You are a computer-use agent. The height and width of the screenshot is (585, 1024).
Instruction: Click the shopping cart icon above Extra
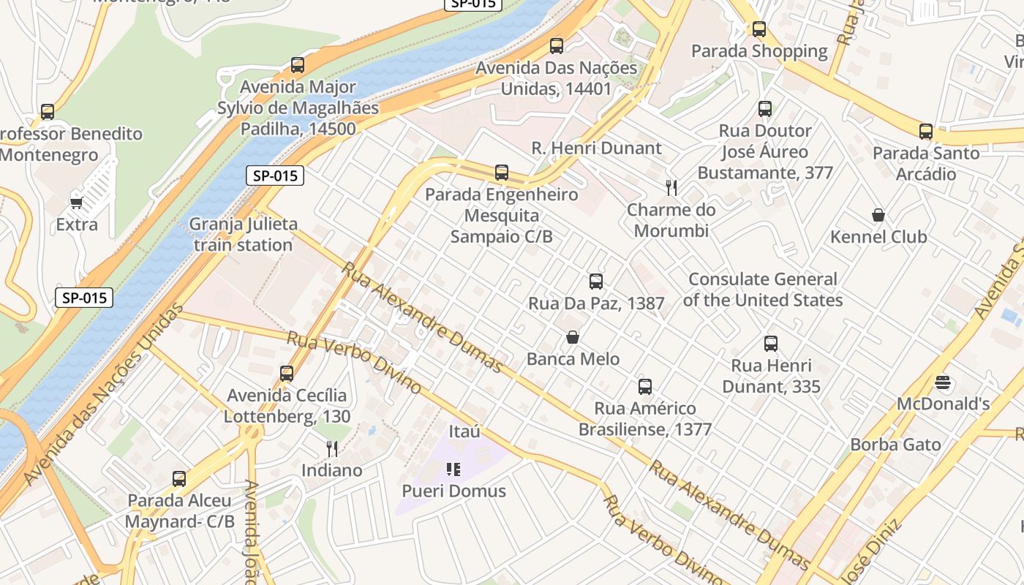coord(76,203)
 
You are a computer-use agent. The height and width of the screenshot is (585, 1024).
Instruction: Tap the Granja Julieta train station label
coord(243,235)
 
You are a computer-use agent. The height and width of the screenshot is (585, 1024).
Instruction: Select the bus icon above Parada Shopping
coord(759,29)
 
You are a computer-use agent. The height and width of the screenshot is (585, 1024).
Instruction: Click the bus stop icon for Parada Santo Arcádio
coord(926,132)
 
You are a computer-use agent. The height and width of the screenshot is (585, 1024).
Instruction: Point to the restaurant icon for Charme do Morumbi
coord(671,188)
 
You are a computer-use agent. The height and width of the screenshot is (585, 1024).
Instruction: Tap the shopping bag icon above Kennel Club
coord(878,215)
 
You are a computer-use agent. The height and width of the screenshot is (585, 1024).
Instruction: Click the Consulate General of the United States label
coord(763,290)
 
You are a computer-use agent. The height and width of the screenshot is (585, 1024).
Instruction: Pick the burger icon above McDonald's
coord(943,382)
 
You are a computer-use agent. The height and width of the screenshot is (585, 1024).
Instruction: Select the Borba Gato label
coord(895,445)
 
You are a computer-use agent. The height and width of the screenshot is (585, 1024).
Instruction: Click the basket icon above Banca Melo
coord(573,337)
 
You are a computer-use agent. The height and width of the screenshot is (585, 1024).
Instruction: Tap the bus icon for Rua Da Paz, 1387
coord(596,282)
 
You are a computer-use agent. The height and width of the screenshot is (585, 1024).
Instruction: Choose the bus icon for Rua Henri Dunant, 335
coord(771,344)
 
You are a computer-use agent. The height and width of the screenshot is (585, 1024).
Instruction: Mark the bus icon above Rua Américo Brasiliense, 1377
coord(645,387)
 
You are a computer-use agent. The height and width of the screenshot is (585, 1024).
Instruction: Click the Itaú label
coord(464,431)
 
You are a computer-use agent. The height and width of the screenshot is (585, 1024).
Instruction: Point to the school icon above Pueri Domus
coord(453,469)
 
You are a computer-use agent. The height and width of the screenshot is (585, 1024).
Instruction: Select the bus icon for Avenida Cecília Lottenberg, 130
coord(287,374)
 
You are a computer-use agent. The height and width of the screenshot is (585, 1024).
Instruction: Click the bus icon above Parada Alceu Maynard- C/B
coord(179,479)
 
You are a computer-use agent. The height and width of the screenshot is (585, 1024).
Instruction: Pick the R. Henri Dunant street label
coord(596,148)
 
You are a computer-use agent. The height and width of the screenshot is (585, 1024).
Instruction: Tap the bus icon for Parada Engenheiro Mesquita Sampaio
coord(502,173)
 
